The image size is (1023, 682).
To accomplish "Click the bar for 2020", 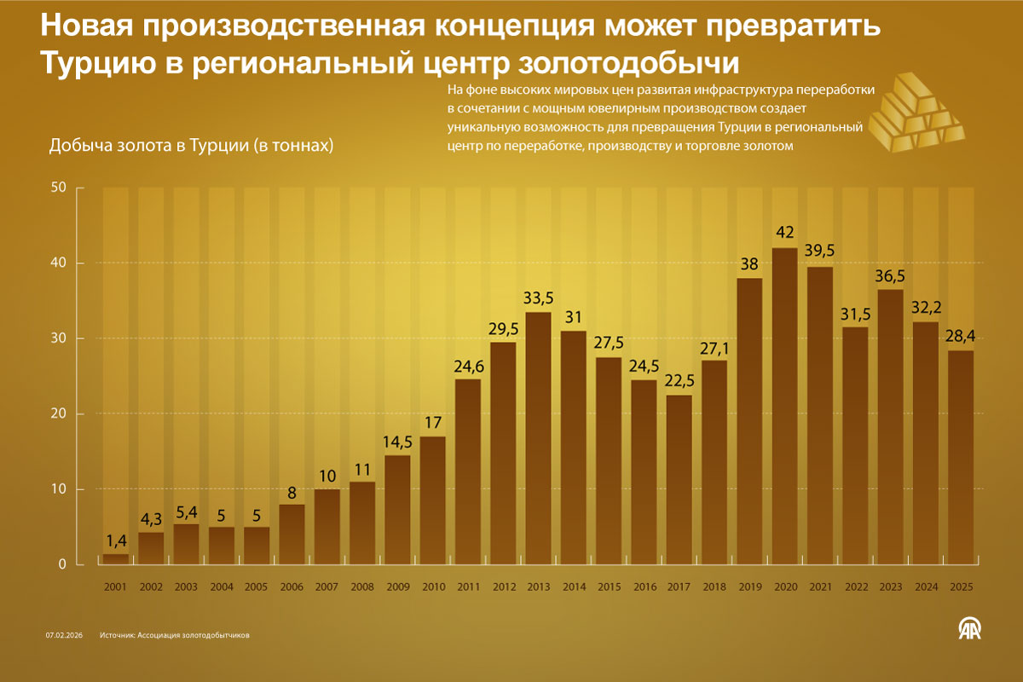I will (x=784, y=406).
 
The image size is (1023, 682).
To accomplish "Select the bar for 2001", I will (x=115, y=559).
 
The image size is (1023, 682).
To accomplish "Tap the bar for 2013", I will (x=538, y=438).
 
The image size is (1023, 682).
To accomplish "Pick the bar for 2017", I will (x=679, y=479).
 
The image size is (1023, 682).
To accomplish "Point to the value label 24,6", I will (x=467, y=366).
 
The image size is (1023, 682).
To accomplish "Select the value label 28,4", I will (x=960, y=337).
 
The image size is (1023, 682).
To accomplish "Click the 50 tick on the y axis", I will (x=58, y=188).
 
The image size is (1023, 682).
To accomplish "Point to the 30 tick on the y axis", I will (x=58, y=338).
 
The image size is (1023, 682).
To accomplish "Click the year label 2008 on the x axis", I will (x=361, y=587).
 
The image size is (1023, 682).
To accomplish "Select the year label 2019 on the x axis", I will (x=749, y=587).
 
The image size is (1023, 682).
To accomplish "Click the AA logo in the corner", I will (x=970, y=629).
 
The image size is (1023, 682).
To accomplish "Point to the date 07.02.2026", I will (x=64, y=635).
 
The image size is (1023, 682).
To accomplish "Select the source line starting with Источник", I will (x=174, y=635).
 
